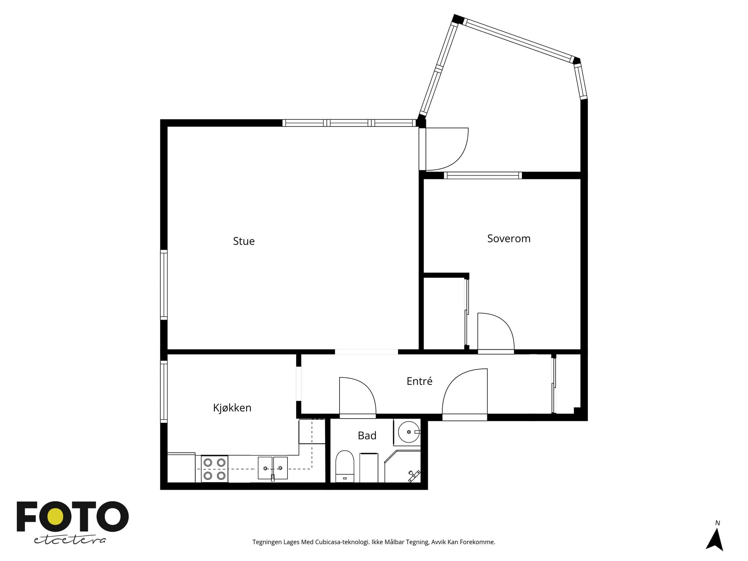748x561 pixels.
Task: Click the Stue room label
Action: click(244, 241)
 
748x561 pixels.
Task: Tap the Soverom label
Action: click(509, 238)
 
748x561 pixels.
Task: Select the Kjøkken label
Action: click(232, 408)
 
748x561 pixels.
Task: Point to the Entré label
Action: click(419, 381)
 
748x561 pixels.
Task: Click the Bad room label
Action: click(367, 435)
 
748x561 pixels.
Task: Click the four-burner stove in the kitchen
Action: click(214, 469)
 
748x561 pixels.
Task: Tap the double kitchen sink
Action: click(273, 468)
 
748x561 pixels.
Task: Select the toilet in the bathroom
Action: click(345, 466)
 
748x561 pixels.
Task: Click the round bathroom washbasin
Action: click(408, 432)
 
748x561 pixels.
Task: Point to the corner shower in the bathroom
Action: click(402, 466)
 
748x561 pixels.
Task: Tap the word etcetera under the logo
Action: click(70, 540)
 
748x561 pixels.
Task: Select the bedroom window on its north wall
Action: click(483, 175)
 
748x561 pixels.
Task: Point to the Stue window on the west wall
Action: click(164, 285)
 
